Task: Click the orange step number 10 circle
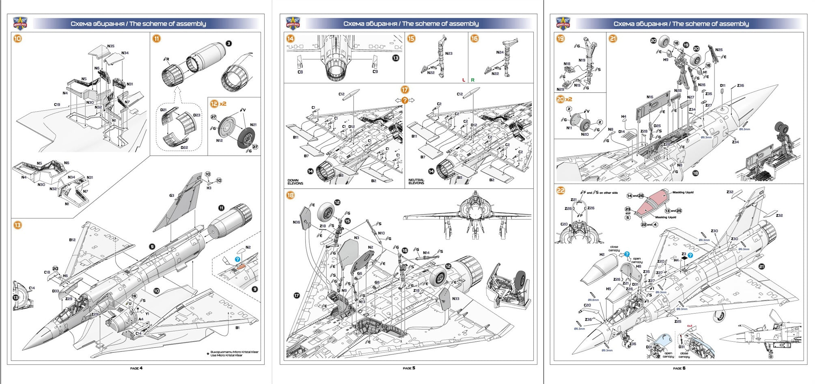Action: pos(17,39)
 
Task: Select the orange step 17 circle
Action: pos(404,89)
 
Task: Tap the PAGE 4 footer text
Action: pos(136,368)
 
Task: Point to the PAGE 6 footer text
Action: pos(679,368)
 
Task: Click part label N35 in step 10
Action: pos(110,46)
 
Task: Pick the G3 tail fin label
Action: pos(172,195)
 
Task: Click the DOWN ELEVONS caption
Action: pos(295,182)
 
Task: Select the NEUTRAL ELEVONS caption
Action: pos(416,182)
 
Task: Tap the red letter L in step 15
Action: pos(464,80)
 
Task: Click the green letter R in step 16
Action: pos(472,80)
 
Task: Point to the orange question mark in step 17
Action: pos(405,100)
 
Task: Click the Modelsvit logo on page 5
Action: pos(292,24)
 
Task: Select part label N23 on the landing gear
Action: pos(448,53)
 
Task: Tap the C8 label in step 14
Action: pos(300,72)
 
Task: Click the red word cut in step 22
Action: pos(690,326)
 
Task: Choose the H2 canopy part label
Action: pos(602,255)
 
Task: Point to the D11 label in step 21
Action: pos(722,86)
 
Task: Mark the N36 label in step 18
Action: pos(296,222)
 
